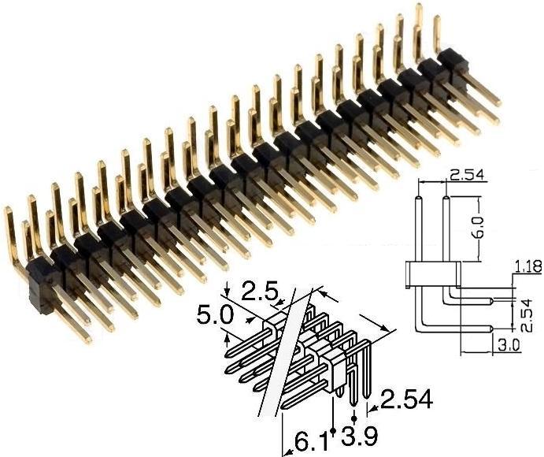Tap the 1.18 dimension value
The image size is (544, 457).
pos(527,267)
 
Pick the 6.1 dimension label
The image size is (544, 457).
pos(307,441)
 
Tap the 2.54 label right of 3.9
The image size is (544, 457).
pos(406,401)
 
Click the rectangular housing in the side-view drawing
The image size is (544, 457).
pos(431,273)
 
